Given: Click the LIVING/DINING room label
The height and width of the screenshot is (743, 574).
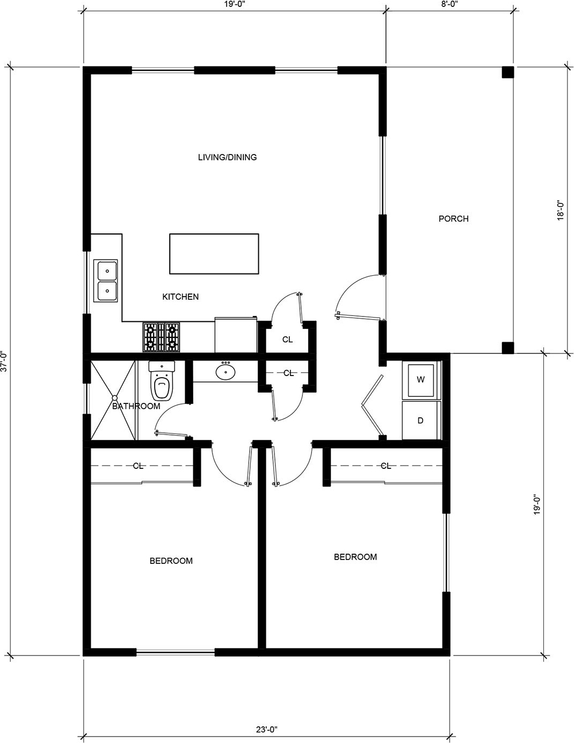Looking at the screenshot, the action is [x=228, y=157].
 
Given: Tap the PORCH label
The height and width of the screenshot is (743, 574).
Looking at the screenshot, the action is [x=454, y=218].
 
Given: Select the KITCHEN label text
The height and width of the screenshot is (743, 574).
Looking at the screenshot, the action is [x=180, y=297].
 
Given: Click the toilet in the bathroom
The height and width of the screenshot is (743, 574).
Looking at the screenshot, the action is [x=162, y=380].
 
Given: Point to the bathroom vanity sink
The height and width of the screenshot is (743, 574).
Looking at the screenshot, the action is [x=226, y=371].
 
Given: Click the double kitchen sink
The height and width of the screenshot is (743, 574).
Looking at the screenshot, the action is [x=106, y=281].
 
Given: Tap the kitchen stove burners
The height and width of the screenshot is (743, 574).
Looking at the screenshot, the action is [x=161, y=337].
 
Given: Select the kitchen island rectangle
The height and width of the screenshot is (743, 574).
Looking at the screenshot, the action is [x=214, y=254].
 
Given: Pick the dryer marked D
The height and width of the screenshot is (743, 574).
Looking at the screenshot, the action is [x=420, y=420].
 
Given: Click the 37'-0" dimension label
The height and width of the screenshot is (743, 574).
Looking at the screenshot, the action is [x=4, y=361].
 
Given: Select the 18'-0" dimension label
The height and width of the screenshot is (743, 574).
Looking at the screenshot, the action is [x=561, y=210].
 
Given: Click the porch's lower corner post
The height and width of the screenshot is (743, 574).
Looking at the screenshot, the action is [x=508, y=348].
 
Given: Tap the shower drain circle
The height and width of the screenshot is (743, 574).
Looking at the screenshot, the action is [x=114, y=398].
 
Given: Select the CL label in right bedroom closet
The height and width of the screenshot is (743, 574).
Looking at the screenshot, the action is [x=386, y=466].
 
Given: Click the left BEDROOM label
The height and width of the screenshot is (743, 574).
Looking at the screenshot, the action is [x=171, y=561].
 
